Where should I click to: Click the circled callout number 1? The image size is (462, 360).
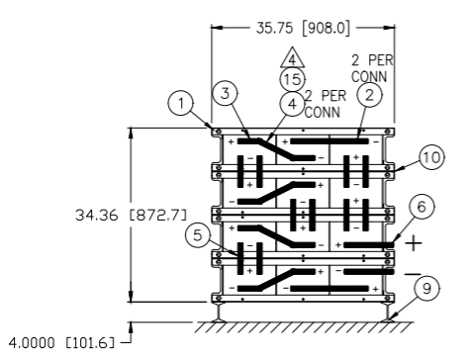(181, 103)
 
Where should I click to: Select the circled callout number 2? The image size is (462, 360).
(369, 95)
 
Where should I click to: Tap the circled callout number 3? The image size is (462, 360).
(225, 93)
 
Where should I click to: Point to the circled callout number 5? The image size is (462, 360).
(197, 235)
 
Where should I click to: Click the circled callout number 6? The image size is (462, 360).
(421, 207)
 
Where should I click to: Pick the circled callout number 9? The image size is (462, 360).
(426, 289)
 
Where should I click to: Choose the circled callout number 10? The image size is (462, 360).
(431, 157)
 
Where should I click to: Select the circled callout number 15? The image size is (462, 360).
(293, 79)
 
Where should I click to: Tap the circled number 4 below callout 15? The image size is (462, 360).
(293, 104)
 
